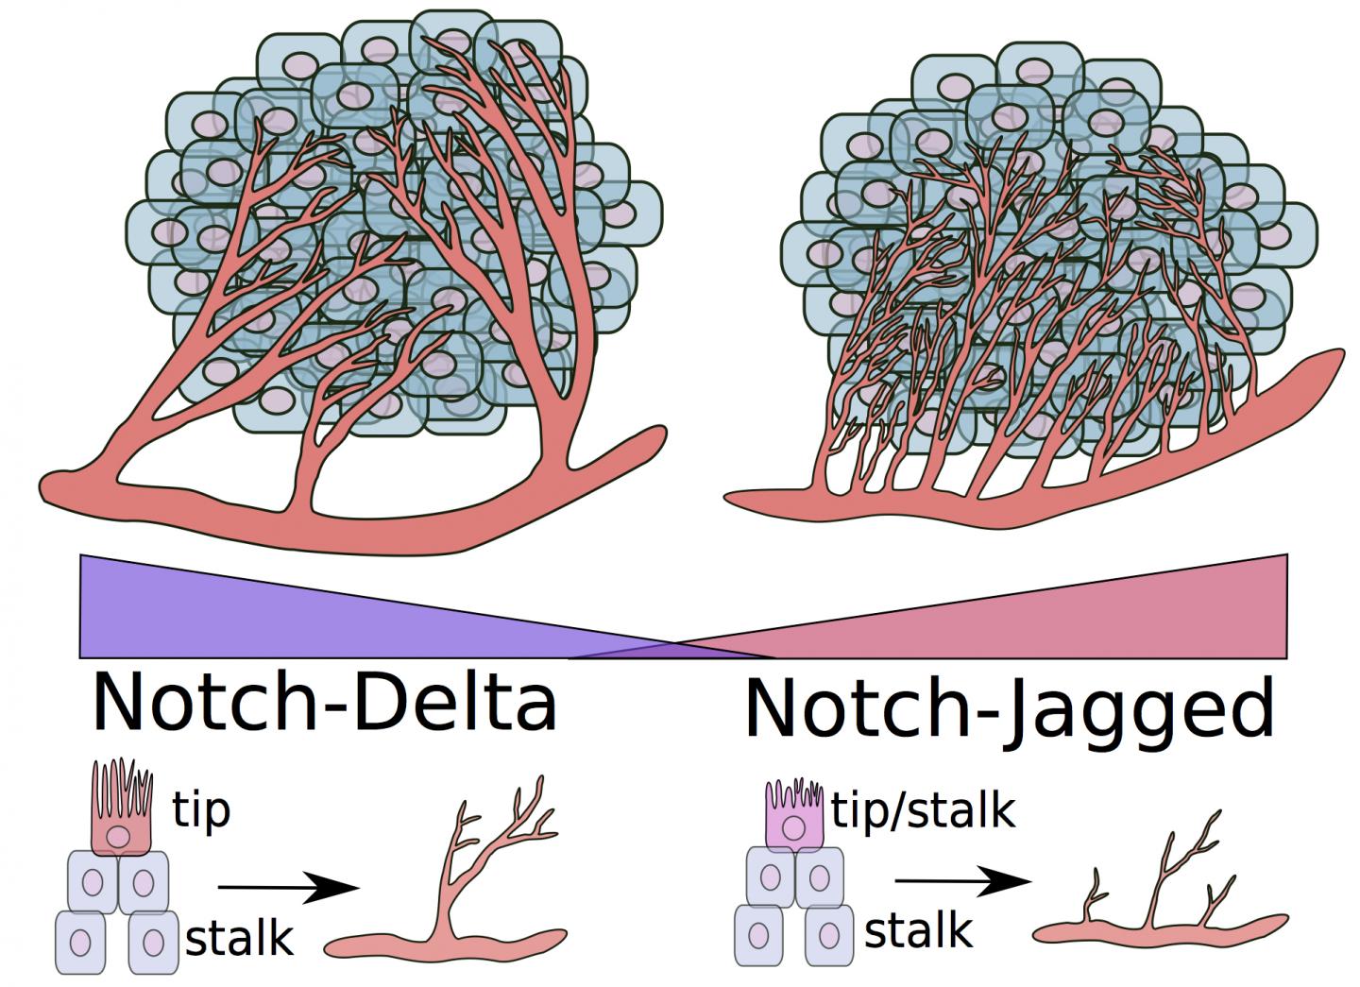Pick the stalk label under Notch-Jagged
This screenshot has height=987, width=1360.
(918, 930)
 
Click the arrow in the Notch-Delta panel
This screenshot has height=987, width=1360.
(288, 887)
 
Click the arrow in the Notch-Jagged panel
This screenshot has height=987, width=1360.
(963, 882)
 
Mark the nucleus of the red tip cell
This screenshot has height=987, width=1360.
(118, 836)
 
